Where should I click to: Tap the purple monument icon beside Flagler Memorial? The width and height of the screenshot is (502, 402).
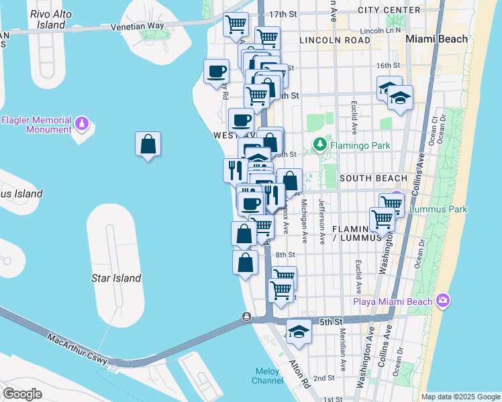click(82, 124)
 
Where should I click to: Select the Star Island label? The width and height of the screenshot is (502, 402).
click(116, 278)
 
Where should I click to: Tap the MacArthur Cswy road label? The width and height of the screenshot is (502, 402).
click(77, 348)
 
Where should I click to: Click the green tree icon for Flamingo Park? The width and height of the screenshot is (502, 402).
click(321, 143)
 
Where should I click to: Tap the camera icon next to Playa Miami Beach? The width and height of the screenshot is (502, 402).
click(442, 301)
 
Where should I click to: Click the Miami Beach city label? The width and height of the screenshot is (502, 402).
click(437, 39)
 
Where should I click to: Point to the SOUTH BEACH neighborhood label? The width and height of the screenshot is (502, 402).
click(373, 178)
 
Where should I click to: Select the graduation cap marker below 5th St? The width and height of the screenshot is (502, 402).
click(299, 331)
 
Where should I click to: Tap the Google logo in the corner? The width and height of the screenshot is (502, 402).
click(22, 394)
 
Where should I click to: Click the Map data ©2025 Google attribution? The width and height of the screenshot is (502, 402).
click(460, 397)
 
